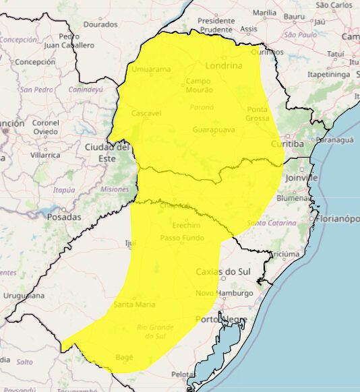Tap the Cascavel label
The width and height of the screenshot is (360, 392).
click(x=146, y=113)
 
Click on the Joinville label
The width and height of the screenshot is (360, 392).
click(x=301, y=178)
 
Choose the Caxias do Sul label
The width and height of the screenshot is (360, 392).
click(x=222, y=271)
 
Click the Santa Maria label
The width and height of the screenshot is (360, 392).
click(x=134, y=304)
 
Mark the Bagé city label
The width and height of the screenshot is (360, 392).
click(x=125, y=356)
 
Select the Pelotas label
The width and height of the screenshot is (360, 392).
click(x=183, y=374)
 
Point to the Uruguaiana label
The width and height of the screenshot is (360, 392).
click(x=24, y=295)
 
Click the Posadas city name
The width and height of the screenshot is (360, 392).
click(x=64, y=217)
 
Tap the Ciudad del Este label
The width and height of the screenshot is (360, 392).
click(x=107, y=152)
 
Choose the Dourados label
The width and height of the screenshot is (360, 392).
click(x=100, y=24)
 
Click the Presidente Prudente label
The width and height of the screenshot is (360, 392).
click(x=216, y=25)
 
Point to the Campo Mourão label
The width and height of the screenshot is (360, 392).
click(x=198, y=86)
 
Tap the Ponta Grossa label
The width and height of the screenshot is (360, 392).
click(x=258, y=114)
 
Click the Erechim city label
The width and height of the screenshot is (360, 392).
click(x=186, y=225)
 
